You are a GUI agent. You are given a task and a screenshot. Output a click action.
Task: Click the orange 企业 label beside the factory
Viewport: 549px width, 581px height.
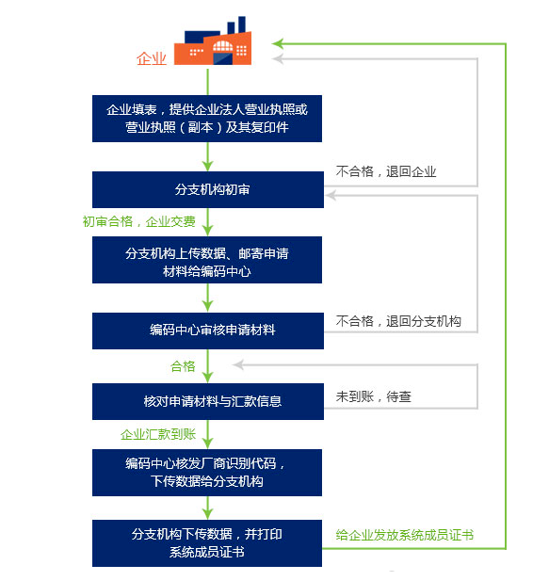[152, 58]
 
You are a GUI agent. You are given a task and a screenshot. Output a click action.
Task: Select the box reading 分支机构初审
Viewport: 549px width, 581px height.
[208, 189]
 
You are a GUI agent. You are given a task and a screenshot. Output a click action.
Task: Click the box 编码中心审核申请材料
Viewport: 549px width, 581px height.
[208, 331]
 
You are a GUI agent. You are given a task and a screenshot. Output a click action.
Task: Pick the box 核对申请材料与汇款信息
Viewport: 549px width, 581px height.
[208, 401]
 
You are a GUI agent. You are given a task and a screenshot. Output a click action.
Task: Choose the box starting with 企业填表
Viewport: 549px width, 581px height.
[207, 119]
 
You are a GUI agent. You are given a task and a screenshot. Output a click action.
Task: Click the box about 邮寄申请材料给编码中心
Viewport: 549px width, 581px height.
[207, 260]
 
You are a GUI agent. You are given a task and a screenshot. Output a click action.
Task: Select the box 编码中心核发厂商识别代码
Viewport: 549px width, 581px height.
[207, 473]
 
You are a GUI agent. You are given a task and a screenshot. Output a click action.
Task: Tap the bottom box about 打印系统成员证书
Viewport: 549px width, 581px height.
[207, 542]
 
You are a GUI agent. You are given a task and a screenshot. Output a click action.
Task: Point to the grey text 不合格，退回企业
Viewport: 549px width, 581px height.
[386, 171]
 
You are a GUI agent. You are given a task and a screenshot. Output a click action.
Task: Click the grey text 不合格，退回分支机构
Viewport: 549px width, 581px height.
[398, 321]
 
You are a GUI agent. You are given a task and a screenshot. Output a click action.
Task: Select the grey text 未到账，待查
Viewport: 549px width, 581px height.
[374, 396]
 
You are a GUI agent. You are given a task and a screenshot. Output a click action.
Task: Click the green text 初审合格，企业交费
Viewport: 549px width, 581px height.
[139, 221]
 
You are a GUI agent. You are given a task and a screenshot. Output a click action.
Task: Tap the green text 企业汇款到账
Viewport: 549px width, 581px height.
[158, 434]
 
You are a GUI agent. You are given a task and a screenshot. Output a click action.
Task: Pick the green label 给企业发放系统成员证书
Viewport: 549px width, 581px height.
[405, 535]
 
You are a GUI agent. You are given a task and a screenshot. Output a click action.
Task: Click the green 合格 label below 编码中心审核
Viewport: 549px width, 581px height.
[183, 366]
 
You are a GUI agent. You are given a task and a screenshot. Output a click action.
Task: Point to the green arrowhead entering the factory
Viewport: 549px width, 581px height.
[278, 43]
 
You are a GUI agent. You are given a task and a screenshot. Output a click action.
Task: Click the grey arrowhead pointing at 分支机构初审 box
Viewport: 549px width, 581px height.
[331, 195]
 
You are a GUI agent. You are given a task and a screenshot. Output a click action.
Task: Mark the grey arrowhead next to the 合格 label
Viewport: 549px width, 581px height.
[238, 365]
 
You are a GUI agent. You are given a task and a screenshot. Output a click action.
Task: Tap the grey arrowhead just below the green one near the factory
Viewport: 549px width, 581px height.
[278, 58]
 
